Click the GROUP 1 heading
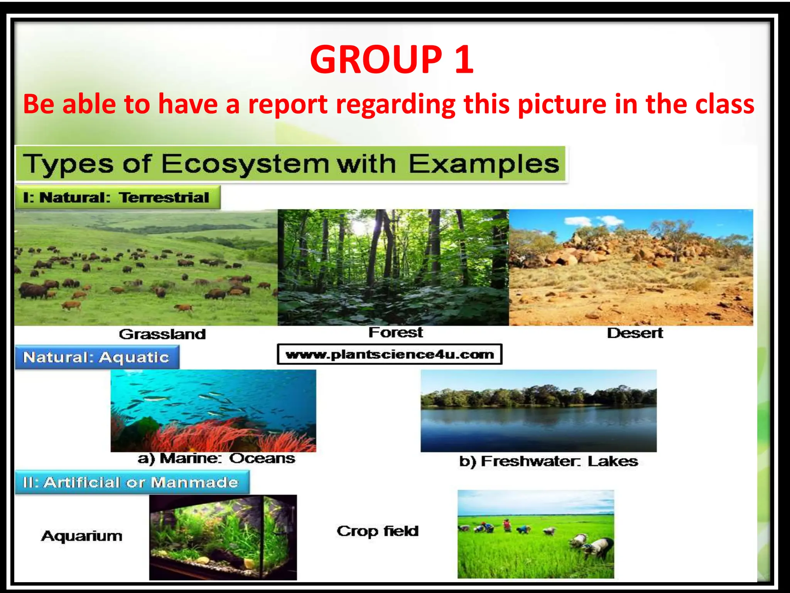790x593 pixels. [392, 59]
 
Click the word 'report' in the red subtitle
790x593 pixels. [288, 104]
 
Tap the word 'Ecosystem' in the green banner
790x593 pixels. [245, 164]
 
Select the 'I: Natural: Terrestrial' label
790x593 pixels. [117, 198]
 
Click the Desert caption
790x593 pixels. [635, 333]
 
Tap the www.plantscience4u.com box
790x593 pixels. [390, 354]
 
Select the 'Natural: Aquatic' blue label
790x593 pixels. [96, 357]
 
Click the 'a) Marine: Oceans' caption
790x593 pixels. [216, 459]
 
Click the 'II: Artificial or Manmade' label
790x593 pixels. [131, 483]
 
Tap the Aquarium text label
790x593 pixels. [82, 536]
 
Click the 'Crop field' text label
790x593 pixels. [378, 532]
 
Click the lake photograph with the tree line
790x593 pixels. [538, 411]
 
